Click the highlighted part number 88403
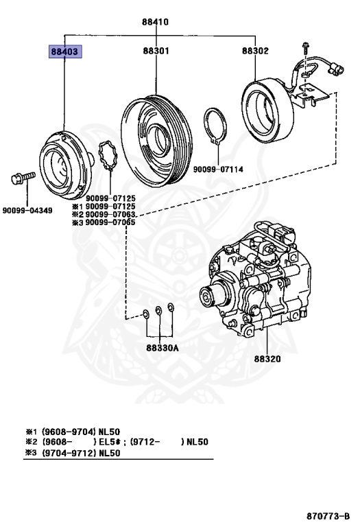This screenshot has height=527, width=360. [x=64, y=51]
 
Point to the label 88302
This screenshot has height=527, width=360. [x=255, y=51]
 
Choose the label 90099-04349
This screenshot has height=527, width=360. [x=27, y=210]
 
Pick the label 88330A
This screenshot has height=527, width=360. [x=161, y=348]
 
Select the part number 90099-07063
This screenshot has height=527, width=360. [x=110, y=214]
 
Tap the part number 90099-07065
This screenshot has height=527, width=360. [x=110, y=222]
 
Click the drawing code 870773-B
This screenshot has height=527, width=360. [x=327, y=515]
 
